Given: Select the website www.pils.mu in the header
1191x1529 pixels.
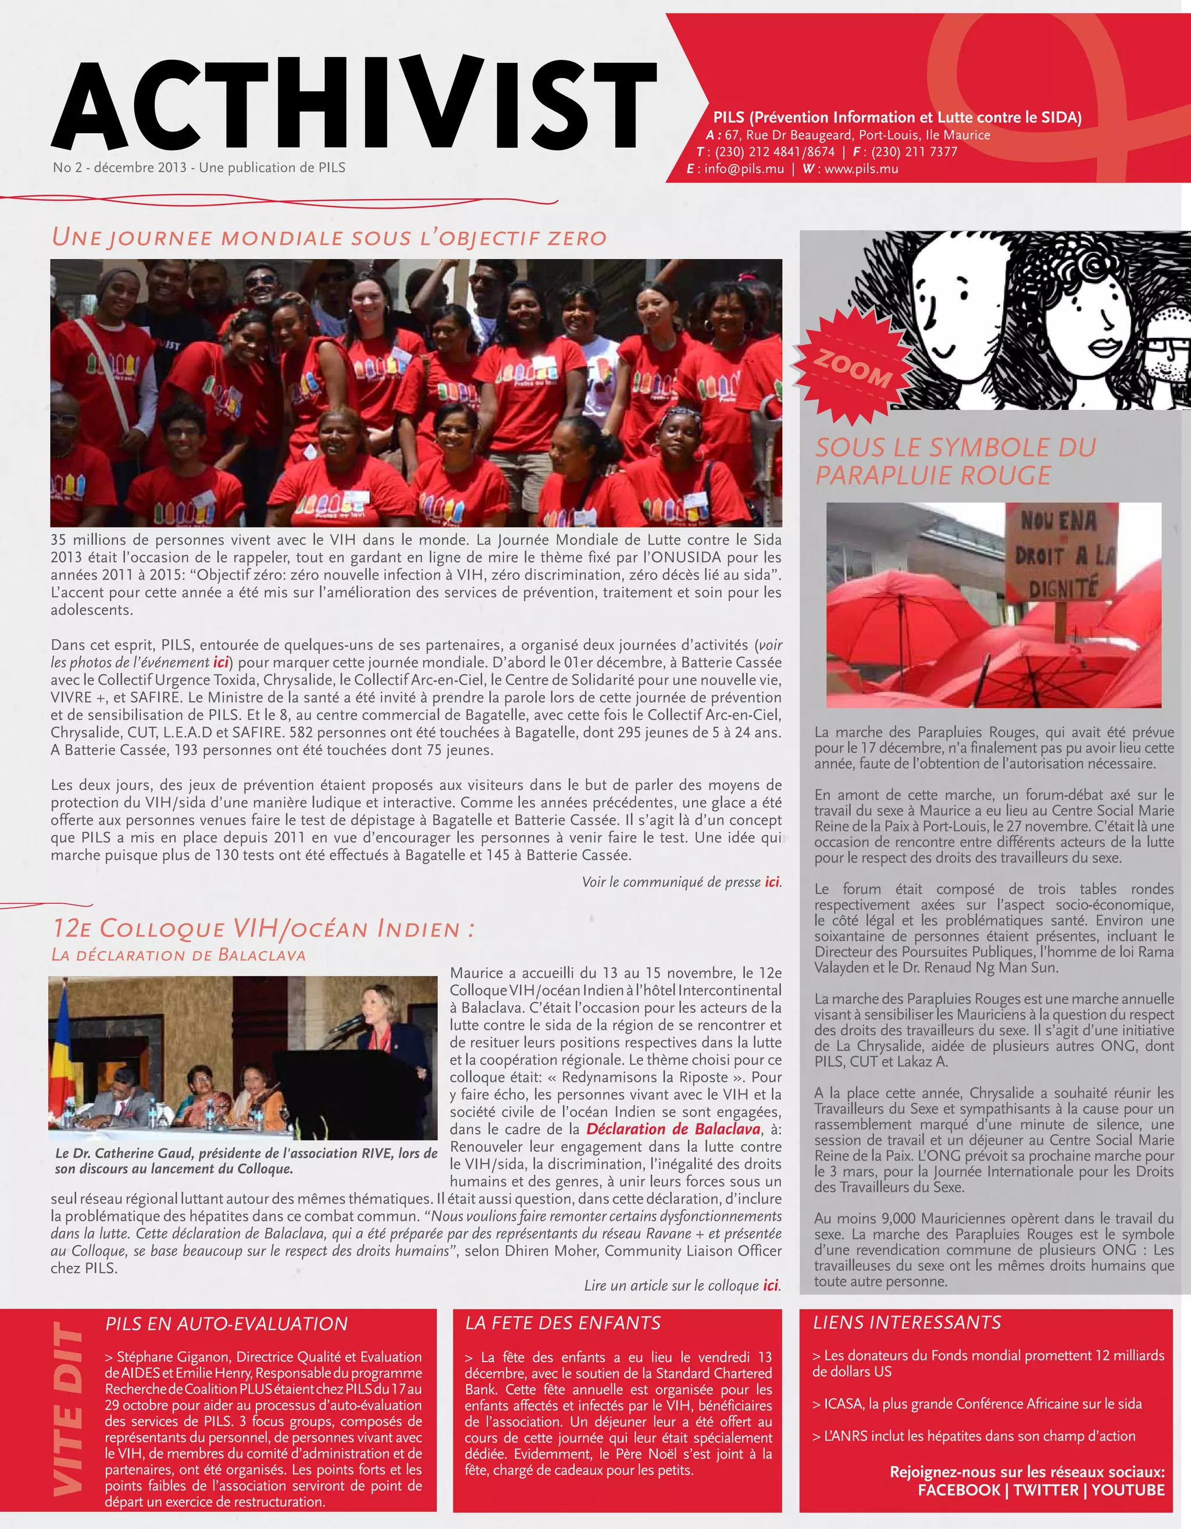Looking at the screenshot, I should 861,169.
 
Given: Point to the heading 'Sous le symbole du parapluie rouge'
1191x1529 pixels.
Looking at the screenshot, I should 955,461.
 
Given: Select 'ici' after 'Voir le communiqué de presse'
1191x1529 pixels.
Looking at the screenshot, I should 772,882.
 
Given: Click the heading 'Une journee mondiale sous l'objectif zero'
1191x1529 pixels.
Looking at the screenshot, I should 329,237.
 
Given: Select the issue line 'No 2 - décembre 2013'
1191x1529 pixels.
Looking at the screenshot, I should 117,168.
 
